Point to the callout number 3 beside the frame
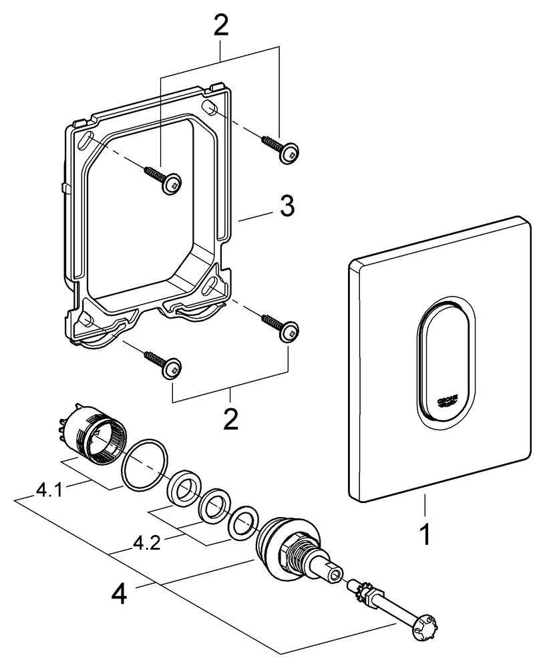[x=285, y=207]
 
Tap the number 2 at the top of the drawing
[x=220, y=26]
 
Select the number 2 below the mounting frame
[x=230, y=420]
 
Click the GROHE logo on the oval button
[x=447, y=400]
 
